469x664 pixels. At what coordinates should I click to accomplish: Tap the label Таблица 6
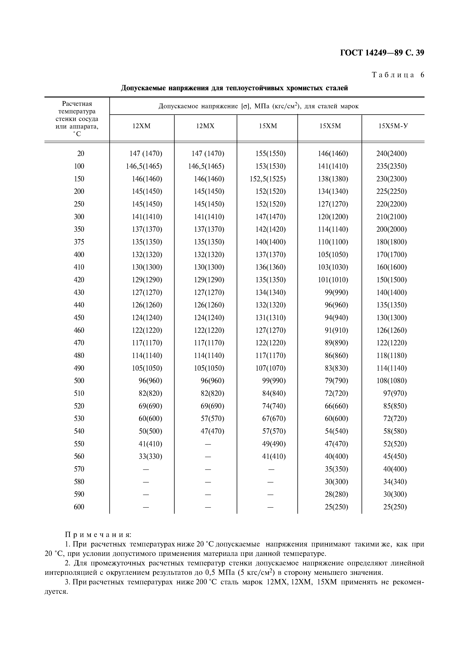(398, 75)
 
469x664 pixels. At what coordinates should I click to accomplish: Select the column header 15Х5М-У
(393, 126)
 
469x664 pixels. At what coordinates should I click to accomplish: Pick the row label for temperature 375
(79, 242)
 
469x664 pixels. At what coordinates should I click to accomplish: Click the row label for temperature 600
(79, 507)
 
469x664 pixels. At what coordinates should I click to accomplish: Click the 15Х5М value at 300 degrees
(333, 217)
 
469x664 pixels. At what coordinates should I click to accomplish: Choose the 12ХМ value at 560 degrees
(150, 456)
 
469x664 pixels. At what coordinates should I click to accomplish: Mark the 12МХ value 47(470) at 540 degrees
(212, 431)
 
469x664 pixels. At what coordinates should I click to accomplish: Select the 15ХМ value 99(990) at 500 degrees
(274, 381)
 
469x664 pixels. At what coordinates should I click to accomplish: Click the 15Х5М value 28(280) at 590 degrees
(336, 494)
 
